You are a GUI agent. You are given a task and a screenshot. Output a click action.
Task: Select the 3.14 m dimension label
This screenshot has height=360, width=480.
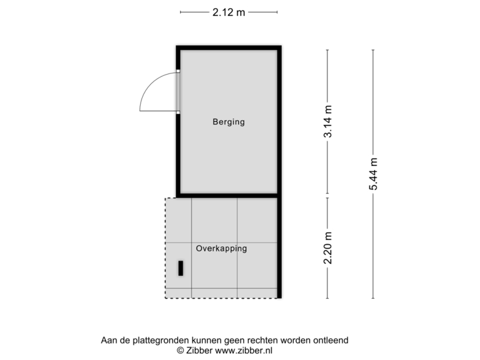(x=327, y=121)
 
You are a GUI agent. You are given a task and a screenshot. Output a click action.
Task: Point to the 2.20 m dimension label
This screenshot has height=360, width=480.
(x=327, y=247)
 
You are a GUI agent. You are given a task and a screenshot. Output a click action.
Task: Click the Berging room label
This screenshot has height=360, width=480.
(x=229, y=122)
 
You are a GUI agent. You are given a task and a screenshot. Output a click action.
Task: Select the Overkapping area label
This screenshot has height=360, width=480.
(x=221, y=249)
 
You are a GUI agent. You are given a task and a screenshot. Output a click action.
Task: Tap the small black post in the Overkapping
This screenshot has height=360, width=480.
(x=181, y=268)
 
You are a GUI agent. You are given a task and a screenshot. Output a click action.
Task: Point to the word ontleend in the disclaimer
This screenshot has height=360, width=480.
(x=331, y=340)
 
